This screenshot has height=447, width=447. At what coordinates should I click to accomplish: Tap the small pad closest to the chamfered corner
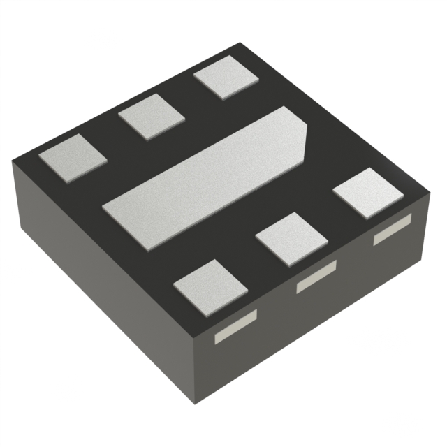[x=367, y=193]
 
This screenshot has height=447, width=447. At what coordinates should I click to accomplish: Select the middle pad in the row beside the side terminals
[x=291, y=237]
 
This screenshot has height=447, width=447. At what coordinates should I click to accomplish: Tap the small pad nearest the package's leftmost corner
[x=73, y=159]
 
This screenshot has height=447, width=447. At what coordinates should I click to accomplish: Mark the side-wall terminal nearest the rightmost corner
[x=392, y=230]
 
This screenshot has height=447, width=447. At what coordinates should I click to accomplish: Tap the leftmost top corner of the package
[x=13, y=162]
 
